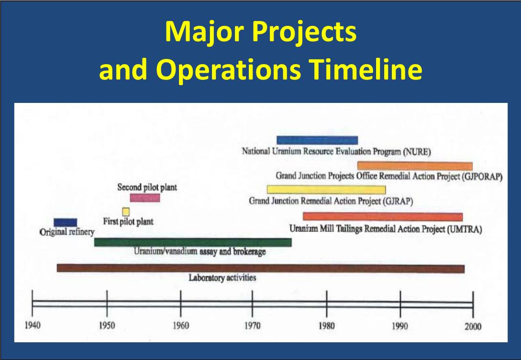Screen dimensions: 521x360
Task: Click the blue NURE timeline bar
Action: click(x=317, y=140)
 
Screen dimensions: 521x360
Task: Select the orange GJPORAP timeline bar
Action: click(x=415, y=166)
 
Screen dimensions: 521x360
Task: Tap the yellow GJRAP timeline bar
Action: click(x=326, y=190)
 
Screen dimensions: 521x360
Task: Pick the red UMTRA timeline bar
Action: click(x=383, y=217)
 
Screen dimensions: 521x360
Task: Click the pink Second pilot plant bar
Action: click(x=145, y=198)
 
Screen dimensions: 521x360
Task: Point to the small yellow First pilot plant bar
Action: click(x=126, y=212)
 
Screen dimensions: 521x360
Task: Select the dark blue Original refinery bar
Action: click(x=66, y=223)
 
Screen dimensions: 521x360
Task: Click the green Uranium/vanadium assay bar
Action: click(x=193, y=242)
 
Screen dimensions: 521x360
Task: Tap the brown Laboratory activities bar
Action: click(x=261, y=268)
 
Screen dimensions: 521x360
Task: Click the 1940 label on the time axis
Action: click(x=33, y=325)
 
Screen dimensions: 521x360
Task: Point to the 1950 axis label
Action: click(x=107, y=325)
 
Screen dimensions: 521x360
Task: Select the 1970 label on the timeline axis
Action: click(x=253, y=325)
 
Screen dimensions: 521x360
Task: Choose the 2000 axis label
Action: click(x=473, y=326)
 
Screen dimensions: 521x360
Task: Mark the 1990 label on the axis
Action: click(x=400, y=326)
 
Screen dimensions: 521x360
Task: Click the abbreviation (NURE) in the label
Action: click(x=417, y=152)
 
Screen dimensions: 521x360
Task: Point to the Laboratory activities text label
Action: click(x=222, y=278)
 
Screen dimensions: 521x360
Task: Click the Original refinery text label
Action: click(x=67, y=232)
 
